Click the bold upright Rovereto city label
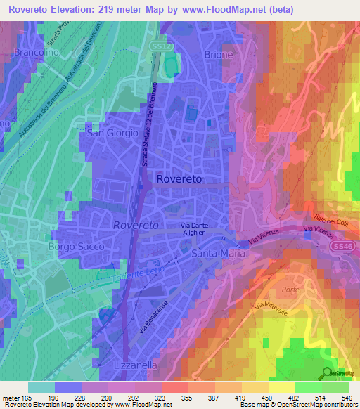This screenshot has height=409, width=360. click(180, 179)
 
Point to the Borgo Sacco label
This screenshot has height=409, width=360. click(76, 247)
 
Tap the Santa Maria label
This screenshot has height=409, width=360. click(221, 252)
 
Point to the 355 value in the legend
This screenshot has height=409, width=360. click(186, 399)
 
